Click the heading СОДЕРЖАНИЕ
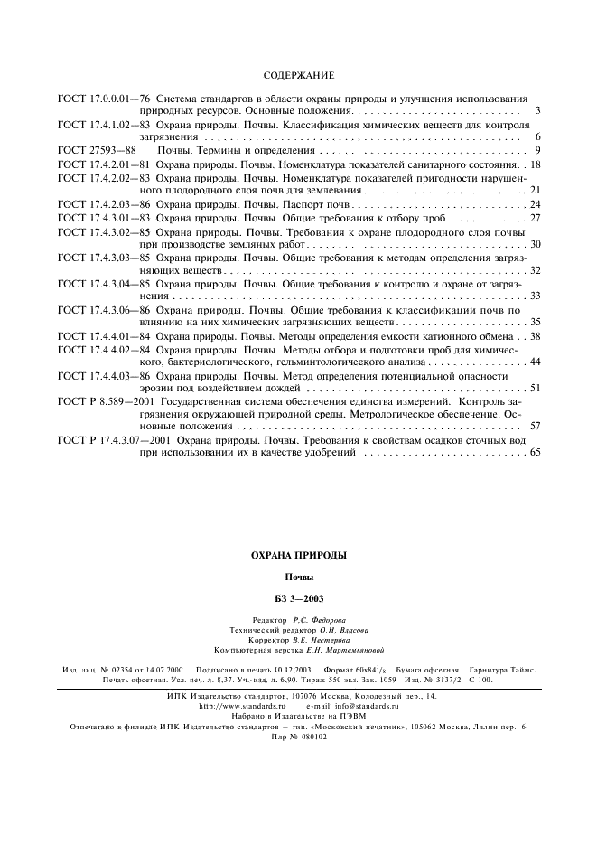pyautogui.click(x=298, y=75)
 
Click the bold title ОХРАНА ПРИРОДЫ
pyautogui.click(x=298, y=555)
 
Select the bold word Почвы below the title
pyautogui.click(x=298, y=576)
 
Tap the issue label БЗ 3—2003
pyautogui.click(x=298, y=597)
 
